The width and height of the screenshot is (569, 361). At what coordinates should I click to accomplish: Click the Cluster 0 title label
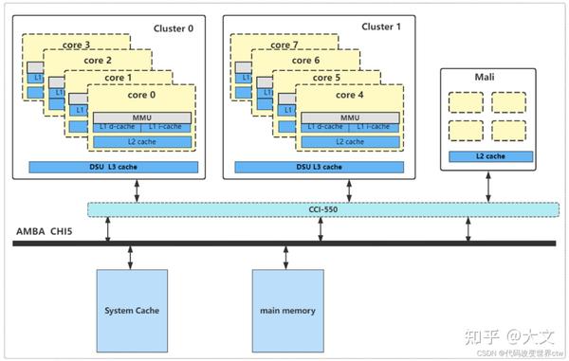pyautogui.click(x=173, y=28)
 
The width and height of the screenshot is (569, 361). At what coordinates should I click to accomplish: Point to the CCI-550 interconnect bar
pyautogui.click(x=322, y=208)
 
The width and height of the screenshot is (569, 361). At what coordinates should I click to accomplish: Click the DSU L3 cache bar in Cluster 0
pyautogui.click(x=113, y=167)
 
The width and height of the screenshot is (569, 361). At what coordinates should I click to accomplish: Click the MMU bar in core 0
pyautogui.click(x=141, y=117)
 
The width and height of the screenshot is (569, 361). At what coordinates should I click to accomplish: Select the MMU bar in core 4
pyautogui.click(x=350, y=117)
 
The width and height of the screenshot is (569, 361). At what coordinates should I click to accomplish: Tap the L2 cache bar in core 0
pyautogui.click(x=141, y=141)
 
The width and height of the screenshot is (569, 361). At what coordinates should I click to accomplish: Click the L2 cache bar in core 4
pyautogui.click(x=350, y=141)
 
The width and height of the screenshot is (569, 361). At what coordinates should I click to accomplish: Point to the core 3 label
pyautogui.click(x=80, y=45)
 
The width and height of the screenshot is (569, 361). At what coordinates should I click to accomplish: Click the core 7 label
pyautogui.click(x=288, y=45)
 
